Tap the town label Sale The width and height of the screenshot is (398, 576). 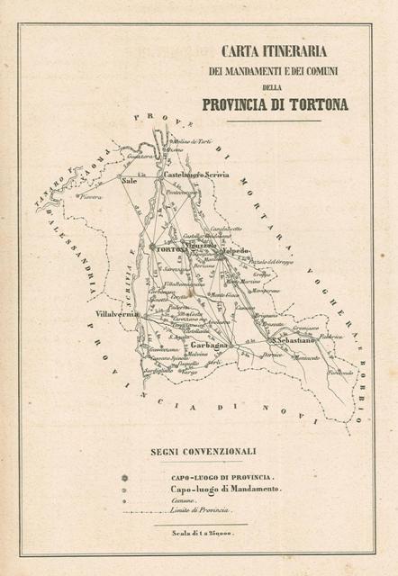[x=130, y=180]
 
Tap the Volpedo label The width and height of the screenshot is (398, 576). [x=236, y=251]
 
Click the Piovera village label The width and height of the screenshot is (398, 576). [x=92, y=195]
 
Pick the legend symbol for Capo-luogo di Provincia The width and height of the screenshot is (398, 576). [x=127, y=476]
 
